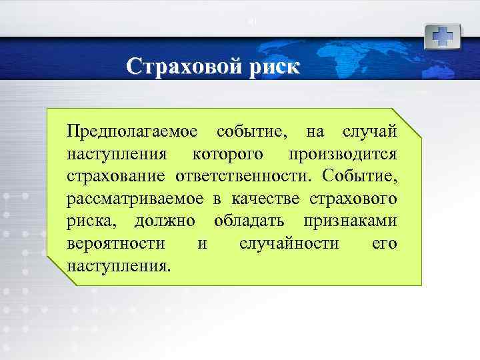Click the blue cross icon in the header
coord(442,36)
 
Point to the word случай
coord(369,131)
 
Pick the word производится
coord(343,154)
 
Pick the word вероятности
coord(116,243)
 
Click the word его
coord(384,243)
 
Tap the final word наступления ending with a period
coord(119,265)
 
